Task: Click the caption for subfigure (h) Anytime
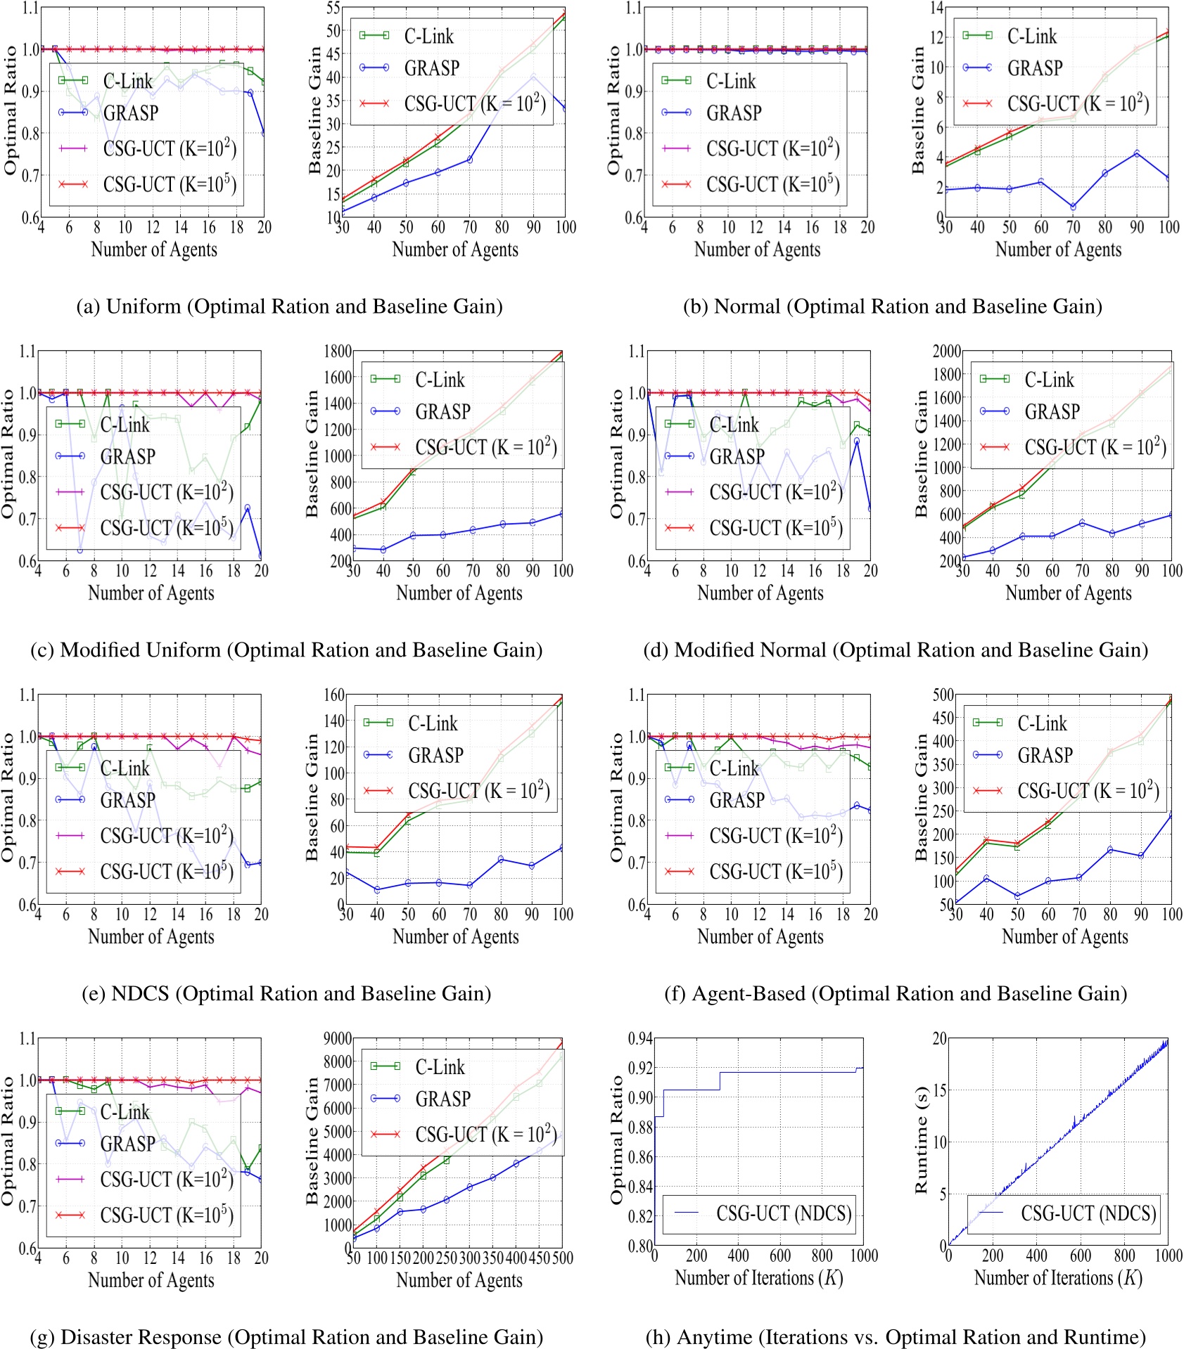tap(895, 1336)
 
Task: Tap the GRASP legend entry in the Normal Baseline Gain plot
tap(1035, 68)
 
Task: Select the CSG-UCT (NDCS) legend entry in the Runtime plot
tap(1088, 1213)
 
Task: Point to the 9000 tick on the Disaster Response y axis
tap(338, 1038)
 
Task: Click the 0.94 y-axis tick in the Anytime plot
tap(640, 1038)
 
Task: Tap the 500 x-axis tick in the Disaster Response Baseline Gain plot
tap(562, 1258)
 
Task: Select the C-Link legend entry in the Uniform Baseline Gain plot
tap(428, 36)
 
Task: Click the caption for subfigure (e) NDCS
tap(286, 993)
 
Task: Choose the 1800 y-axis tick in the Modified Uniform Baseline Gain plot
tap(338, 351)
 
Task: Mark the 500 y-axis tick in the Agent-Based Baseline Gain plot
tap(943, 695)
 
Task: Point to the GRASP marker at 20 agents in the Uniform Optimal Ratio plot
tap(264, 134)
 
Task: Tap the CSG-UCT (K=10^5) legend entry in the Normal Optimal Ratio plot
tap(772, 185)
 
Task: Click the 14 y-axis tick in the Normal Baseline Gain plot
tap(937, 8)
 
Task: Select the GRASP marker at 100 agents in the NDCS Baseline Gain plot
tap(562, 848)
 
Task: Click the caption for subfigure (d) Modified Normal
tap(895, 650)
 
